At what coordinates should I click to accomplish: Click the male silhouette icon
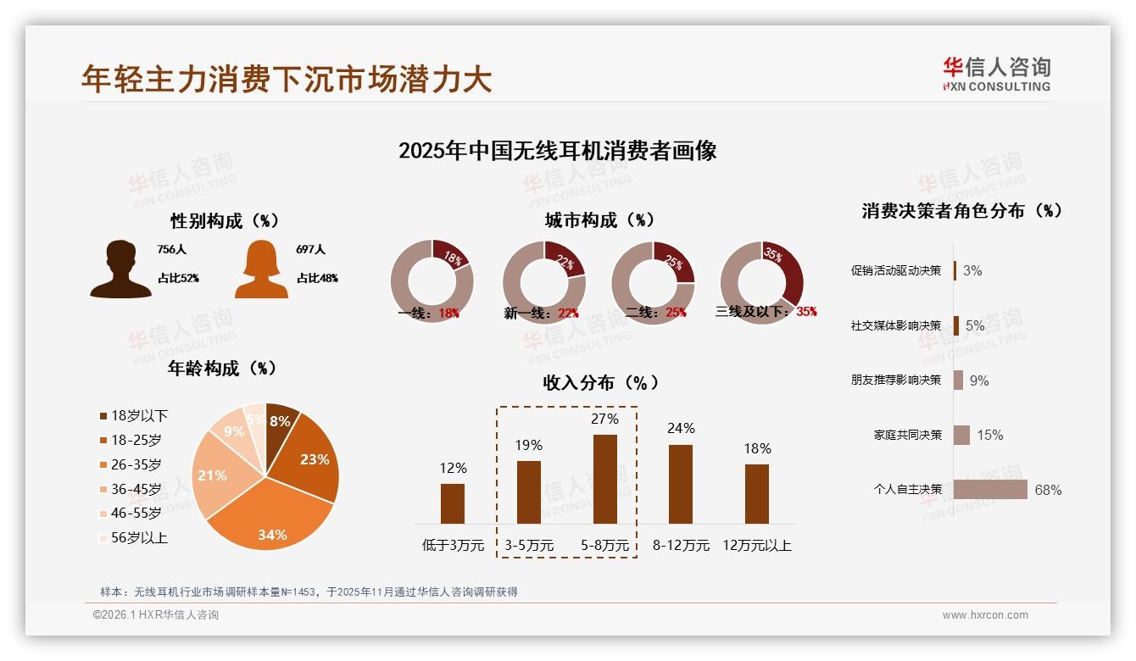[x=120, y=269]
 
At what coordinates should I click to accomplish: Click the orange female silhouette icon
[x=261, y=269]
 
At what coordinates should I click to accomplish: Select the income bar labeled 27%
[x=604, y=479]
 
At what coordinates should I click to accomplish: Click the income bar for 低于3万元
[x=453, y=503]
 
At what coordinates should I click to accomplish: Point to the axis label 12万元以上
[x=756, y=545]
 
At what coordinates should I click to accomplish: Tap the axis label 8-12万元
[x=681, y=545]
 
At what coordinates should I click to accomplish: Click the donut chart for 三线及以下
[x=760, y=281]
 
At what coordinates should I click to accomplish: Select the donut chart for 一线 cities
[x=432, y=281]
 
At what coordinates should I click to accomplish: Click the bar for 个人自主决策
[x=990, y=490]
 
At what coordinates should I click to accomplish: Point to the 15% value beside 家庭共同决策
[x=989, y=435]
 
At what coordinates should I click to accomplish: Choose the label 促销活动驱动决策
[x=895, y=270]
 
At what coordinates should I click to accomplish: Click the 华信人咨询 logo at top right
[x=996, y=74]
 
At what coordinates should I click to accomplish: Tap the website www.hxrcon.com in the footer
[x=985, y=615]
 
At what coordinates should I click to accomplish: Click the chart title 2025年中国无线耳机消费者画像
[x=557, y=151]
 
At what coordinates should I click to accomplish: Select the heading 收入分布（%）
[x=600, y=382]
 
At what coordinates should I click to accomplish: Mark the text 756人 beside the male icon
[x=171, y=250]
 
